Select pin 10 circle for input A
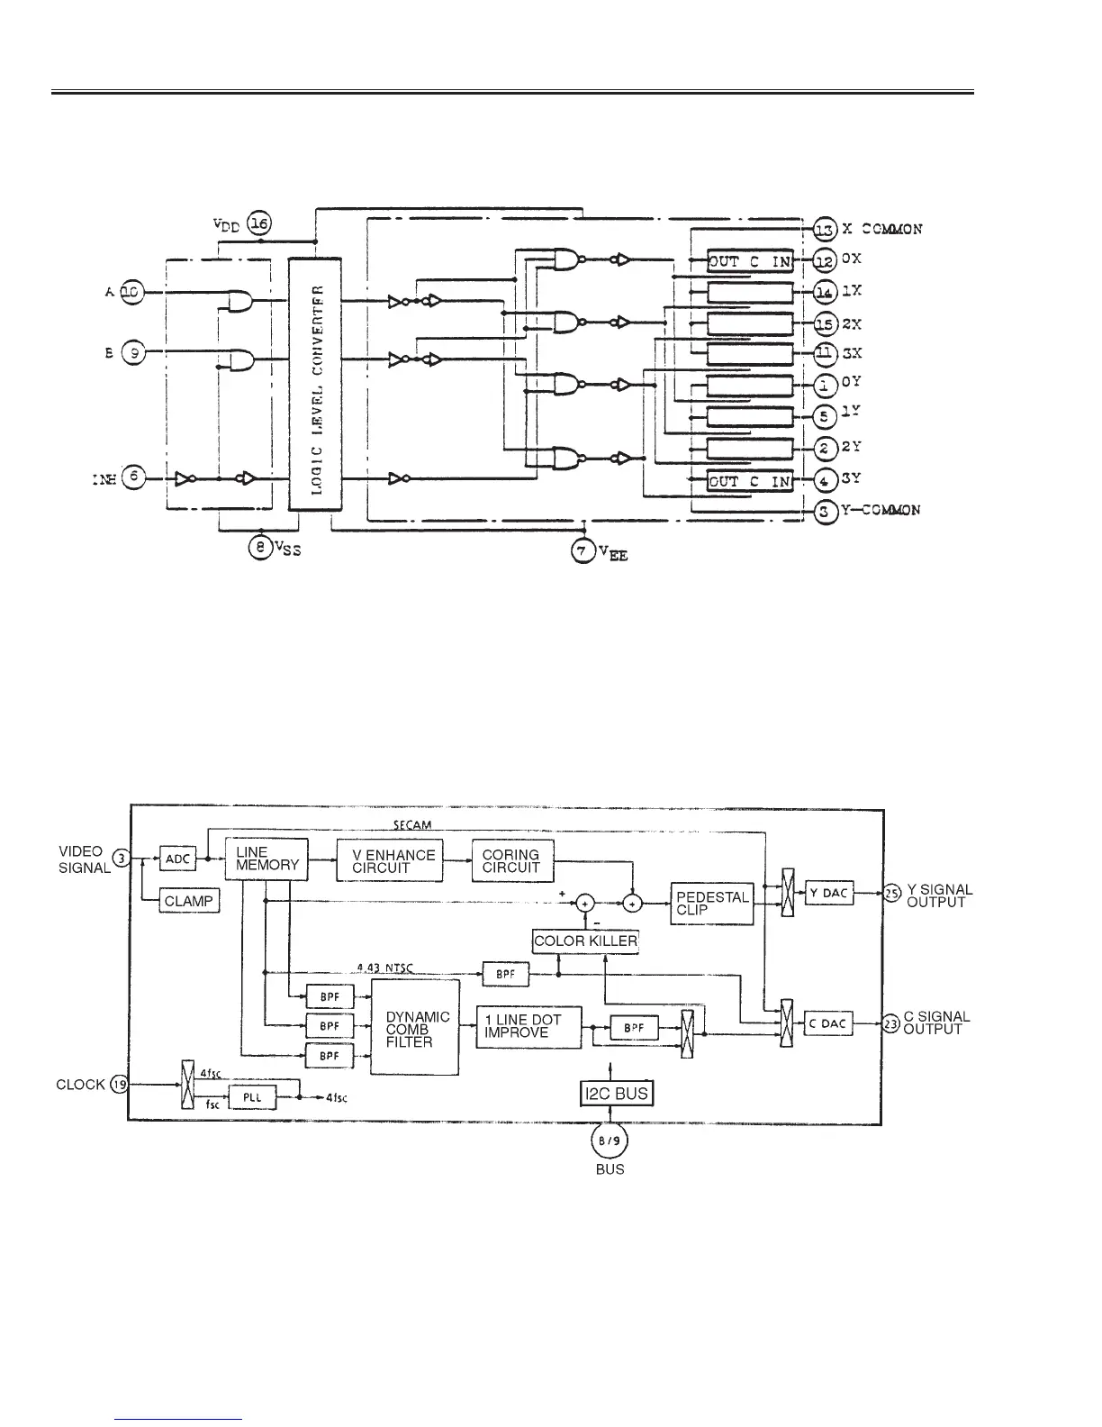pos(131,291)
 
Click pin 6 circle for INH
pos(133,478)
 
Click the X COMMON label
pos(882,229)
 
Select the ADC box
pos(177,859)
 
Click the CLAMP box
pos(189,901)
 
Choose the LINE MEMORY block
pos(266,859)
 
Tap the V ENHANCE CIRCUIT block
pos(390,861)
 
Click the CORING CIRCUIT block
pos(511,860)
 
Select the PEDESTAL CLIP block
pos(712,904)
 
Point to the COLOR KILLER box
pos(585,941)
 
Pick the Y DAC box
pos(828,893)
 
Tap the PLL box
pos(252,1098)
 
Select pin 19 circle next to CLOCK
pos(119,1085)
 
